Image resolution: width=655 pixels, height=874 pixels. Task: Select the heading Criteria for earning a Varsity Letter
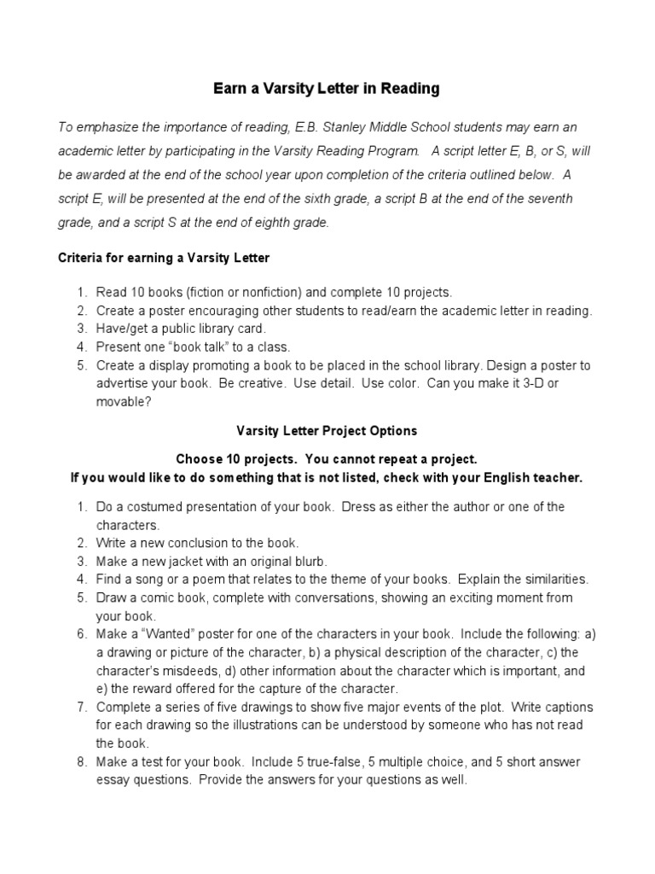163,257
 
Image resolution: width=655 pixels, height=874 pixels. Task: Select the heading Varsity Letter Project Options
327,431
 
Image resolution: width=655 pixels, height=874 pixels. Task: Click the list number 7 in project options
82,707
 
